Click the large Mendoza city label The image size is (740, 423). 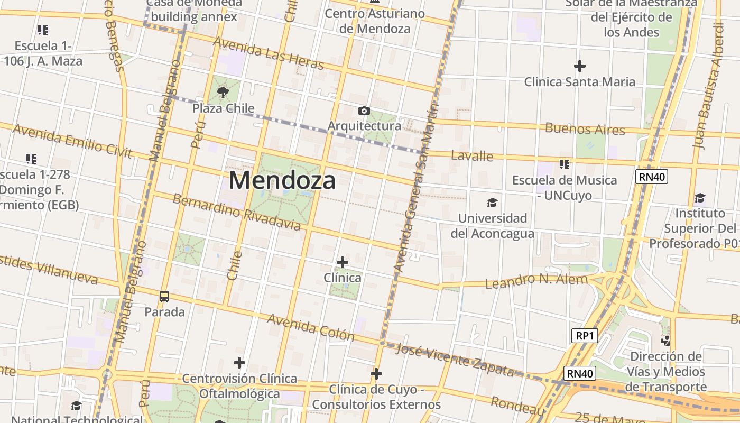coord(282,180)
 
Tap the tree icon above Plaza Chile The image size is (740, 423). coord(223,93)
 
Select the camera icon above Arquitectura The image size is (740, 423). coord(364,111)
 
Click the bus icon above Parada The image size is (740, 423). coord(164,297)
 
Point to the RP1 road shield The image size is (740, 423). coord(585,335)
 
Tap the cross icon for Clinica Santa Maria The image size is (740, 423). coord(580,66)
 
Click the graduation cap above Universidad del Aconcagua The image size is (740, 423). coord(492,203)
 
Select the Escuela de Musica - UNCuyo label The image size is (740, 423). coord(564,187)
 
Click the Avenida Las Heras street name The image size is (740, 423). coord(268,53)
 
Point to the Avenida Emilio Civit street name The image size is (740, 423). coord(72,141)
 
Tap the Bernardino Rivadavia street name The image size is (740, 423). coord(236,213)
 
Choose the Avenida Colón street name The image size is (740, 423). coord(310,327)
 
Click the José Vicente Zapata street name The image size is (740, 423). coord(455,360)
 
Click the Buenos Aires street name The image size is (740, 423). coord(585,128)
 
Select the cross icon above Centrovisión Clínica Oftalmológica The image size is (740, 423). coord(239,363)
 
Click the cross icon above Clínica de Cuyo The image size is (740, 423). coord(376,374)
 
